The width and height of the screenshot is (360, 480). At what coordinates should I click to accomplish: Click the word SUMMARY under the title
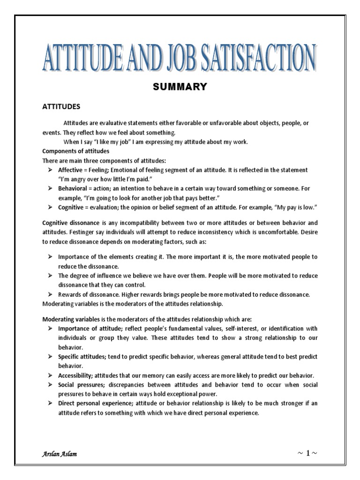180,87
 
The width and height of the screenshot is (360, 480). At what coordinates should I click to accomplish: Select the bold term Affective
70,170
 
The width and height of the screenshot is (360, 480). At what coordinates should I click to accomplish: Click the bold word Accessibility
76,376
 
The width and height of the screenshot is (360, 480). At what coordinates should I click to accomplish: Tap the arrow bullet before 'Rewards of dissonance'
50,294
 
